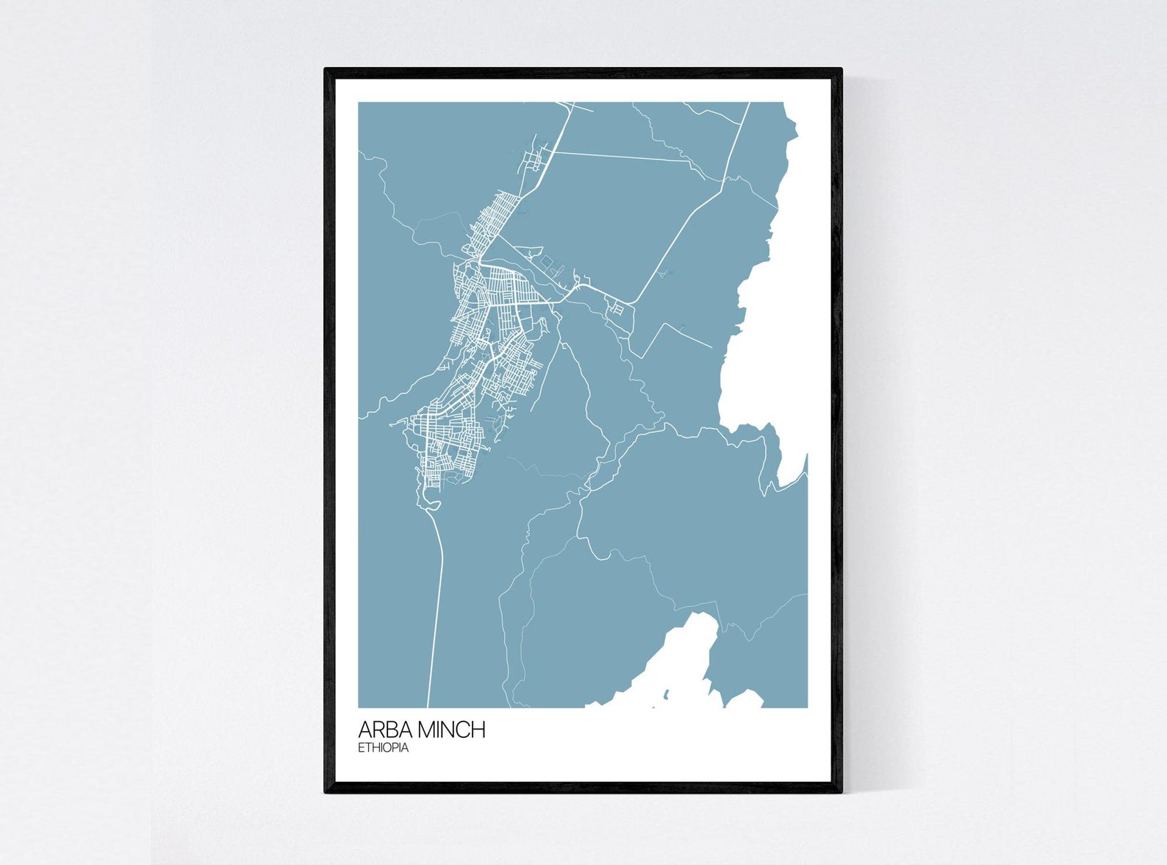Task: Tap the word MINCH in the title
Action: [451, 730]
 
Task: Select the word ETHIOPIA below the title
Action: [383, 748]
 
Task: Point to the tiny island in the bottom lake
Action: [666, 694]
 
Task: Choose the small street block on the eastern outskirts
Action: [617, 309]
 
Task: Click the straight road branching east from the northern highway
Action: [625, 157]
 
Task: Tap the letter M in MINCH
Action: [428, 730]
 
